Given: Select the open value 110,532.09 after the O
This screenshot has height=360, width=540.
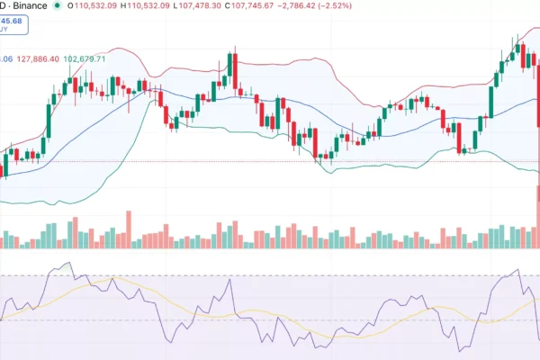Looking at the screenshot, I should (98, 6).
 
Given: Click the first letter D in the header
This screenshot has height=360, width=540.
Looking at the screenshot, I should (3, 6).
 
